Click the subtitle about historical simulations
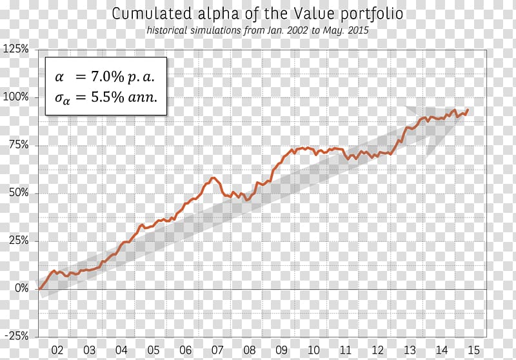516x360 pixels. [x=257, y=30]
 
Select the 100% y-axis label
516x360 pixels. [x=17, y=97]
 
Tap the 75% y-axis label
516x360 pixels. [x=19, y=145]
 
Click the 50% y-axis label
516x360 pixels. [x=19, y=193]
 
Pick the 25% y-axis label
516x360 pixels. [x=19, y=241]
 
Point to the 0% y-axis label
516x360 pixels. [x=22, y=288]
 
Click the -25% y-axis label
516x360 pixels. [x=17, y=336]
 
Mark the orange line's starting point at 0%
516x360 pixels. [x=39, y=288]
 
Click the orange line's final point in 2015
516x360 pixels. [x=468, y=110]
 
